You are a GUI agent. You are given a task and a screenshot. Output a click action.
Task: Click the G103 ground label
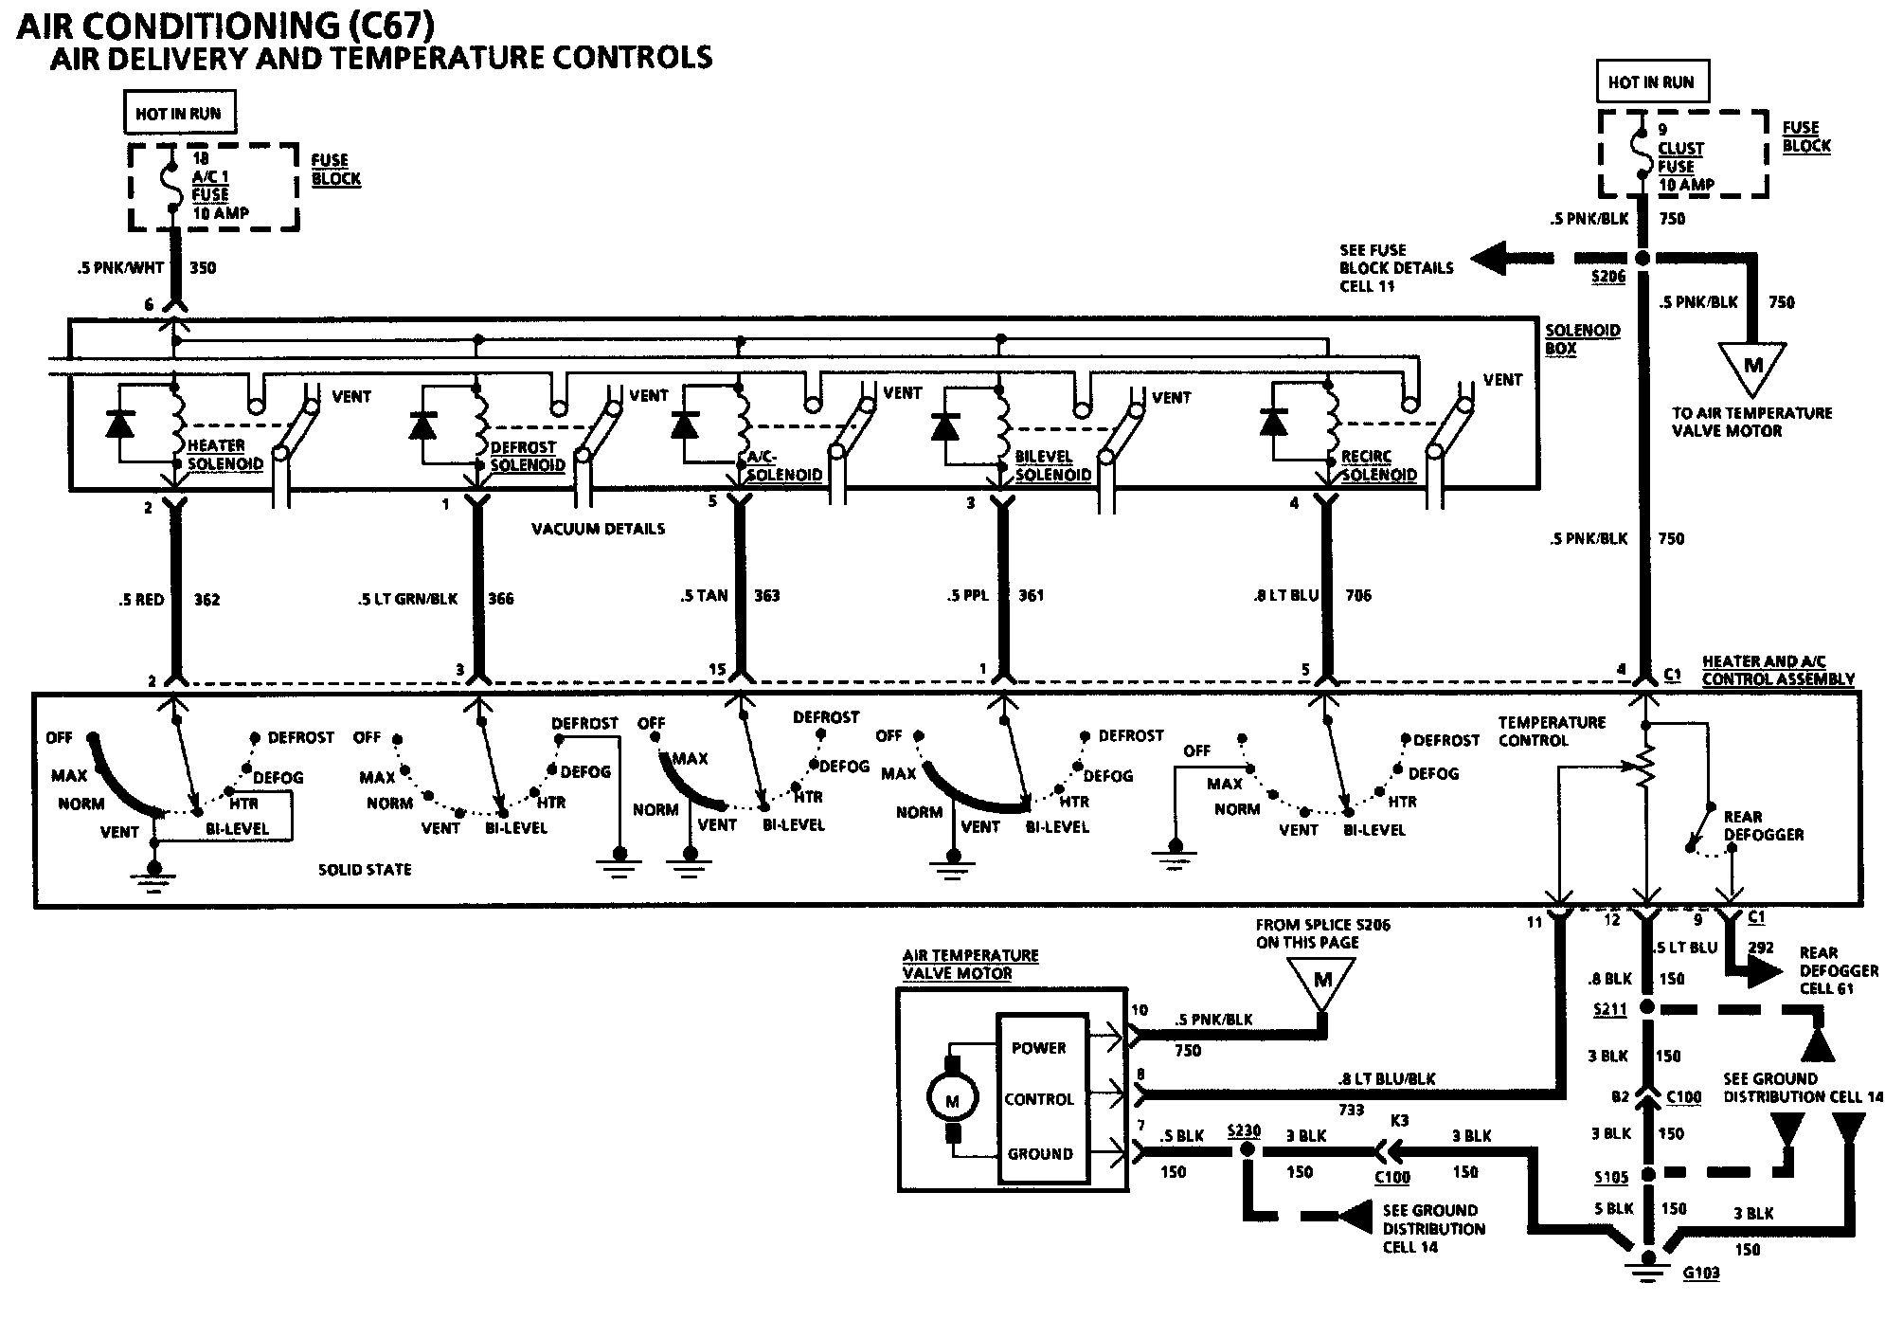coord(1699,1273)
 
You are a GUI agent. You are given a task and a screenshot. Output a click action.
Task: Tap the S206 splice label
coord(1607,277)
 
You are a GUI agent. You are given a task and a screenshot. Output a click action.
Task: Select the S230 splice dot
coord(1247,1149)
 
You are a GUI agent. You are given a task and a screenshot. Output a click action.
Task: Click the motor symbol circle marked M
coord(952,1100)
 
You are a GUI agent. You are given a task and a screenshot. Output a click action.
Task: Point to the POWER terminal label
coord(1038,1048)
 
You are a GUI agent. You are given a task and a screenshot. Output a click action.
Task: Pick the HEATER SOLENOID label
coord(224,455)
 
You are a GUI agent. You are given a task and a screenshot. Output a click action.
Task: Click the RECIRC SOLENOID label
coord(1378,465)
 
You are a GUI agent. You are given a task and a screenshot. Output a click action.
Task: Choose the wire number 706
coord(1357,595)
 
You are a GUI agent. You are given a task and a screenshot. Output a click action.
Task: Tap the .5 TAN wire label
coord(704,595)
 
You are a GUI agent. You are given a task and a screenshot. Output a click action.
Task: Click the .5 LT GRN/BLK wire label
coord(408,598)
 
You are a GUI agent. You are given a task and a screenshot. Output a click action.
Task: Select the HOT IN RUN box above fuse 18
coord(178,114)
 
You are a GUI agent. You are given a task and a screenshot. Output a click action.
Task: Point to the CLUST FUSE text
coord(1680,157)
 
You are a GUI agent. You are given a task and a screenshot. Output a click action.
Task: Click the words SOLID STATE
coord(365,869)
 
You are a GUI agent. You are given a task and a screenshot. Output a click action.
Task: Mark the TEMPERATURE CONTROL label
coord(1551,731)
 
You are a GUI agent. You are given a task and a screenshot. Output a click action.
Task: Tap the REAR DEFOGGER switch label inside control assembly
coord(1763,825)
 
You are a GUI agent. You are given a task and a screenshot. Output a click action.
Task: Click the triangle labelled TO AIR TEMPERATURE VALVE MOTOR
coord(1752,366)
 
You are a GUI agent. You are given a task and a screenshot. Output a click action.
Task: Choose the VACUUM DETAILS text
coord(598,529)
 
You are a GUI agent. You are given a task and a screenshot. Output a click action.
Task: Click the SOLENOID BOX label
coord(1582,338)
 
